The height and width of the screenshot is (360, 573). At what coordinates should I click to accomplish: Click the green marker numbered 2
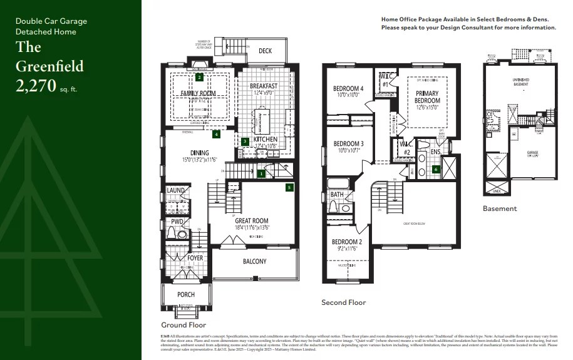coord(199,78)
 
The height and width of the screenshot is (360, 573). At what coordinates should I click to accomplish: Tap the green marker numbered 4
coord(216,134)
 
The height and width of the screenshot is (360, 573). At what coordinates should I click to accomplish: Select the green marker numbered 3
coord(245,141)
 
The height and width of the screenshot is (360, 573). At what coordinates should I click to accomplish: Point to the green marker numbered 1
coord(261,173)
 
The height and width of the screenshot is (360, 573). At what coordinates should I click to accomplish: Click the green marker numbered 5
coord(289,187)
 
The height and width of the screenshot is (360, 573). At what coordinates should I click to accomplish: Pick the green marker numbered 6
coord(436,169)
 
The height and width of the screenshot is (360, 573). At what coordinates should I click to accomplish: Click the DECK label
coord(266,51)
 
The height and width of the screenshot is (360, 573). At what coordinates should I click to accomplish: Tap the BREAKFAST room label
coord(263,86)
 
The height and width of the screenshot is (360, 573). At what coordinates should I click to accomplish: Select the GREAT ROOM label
coord(252,220)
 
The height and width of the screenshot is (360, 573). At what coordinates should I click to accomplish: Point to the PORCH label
coord(186,294)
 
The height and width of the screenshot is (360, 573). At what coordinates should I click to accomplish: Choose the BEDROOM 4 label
coord(348,89)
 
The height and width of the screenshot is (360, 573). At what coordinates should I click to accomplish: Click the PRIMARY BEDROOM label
coord(428,97)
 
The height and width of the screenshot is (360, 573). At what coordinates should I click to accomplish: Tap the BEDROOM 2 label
coord(347,242)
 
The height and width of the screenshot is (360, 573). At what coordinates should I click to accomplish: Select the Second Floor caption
coord(343,302)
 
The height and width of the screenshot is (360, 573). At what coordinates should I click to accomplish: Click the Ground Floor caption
coord(183,325)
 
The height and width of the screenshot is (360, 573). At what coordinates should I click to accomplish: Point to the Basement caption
coord(500,208)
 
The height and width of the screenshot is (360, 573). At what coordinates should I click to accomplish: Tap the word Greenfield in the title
coord(49,66)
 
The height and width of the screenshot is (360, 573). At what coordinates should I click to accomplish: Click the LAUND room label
coord(175,190)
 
